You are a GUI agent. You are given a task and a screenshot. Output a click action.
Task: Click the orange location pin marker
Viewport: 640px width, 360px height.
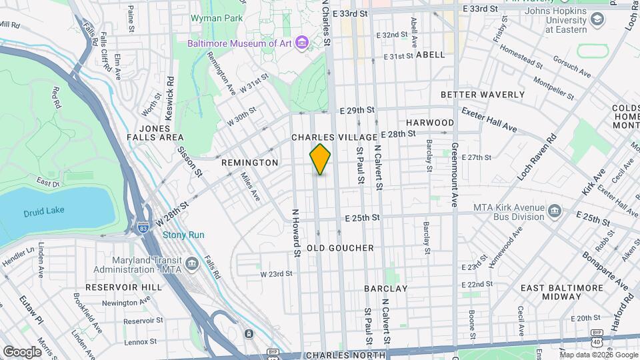tap(320, 159)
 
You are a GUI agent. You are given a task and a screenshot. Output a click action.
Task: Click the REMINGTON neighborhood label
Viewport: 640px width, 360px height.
tap(249, 163)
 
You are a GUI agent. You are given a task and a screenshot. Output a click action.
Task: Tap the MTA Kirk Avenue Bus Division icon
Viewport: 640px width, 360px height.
tap(554, 212)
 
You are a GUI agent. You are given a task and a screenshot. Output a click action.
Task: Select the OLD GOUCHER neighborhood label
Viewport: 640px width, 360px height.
tap(340, 248)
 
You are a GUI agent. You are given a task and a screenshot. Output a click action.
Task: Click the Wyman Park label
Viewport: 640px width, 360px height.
tap(217, 19)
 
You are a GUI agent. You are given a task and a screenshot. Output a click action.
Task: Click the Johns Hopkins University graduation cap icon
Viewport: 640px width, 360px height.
tap(597, 21)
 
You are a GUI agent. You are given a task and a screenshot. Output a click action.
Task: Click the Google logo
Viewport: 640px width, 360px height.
tap(22, 351)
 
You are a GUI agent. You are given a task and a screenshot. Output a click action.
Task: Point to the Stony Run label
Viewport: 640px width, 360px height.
tap(183, 235)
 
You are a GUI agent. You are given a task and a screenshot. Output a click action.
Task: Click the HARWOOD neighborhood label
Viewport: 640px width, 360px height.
tap(430, 123)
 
